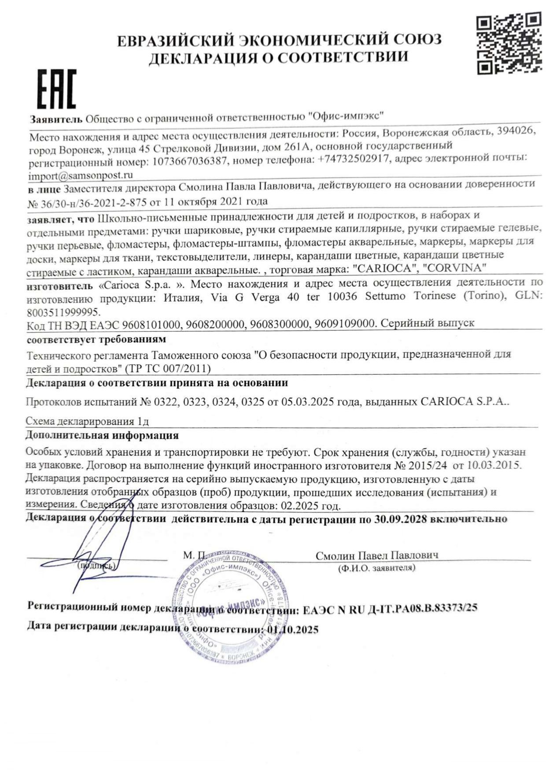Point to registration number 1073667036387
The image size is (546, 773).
point(190,162)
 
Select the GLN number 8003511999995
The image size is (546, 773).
point(63,311)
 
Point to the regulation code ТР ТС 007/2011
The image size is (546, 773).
point(168,368)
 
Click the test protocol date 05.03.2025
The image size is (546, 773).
point(312,402)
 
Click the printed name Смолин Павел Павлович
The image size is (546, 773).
point(377,555)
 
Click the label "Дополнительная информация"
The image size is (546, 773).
point(102,436)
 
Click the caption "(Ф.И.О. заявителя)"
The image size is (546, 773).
point(376,568)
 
